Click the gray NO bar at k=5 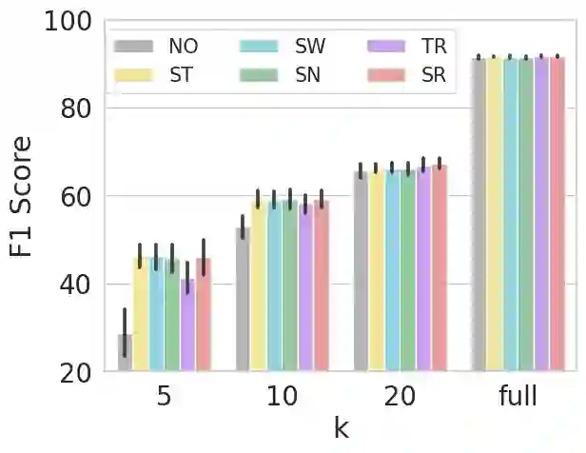(x=126, y=353)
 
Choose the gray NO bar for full (x=479, y=214)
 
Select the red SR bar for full (x=557, y=214)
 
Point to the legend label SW (x=310, y=46)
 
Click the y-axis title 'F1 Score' (x=21, y=197)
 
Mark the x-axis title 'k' (x=341, y=429)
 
